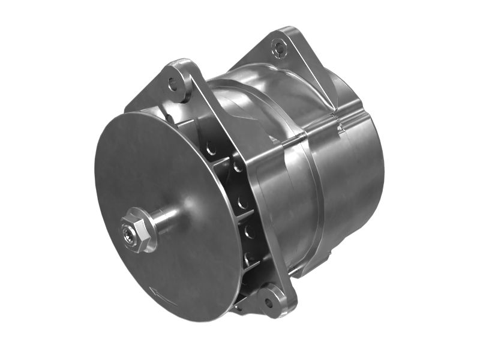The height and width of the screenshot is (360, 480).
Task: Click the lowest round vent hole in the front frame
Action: (248, 257)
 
